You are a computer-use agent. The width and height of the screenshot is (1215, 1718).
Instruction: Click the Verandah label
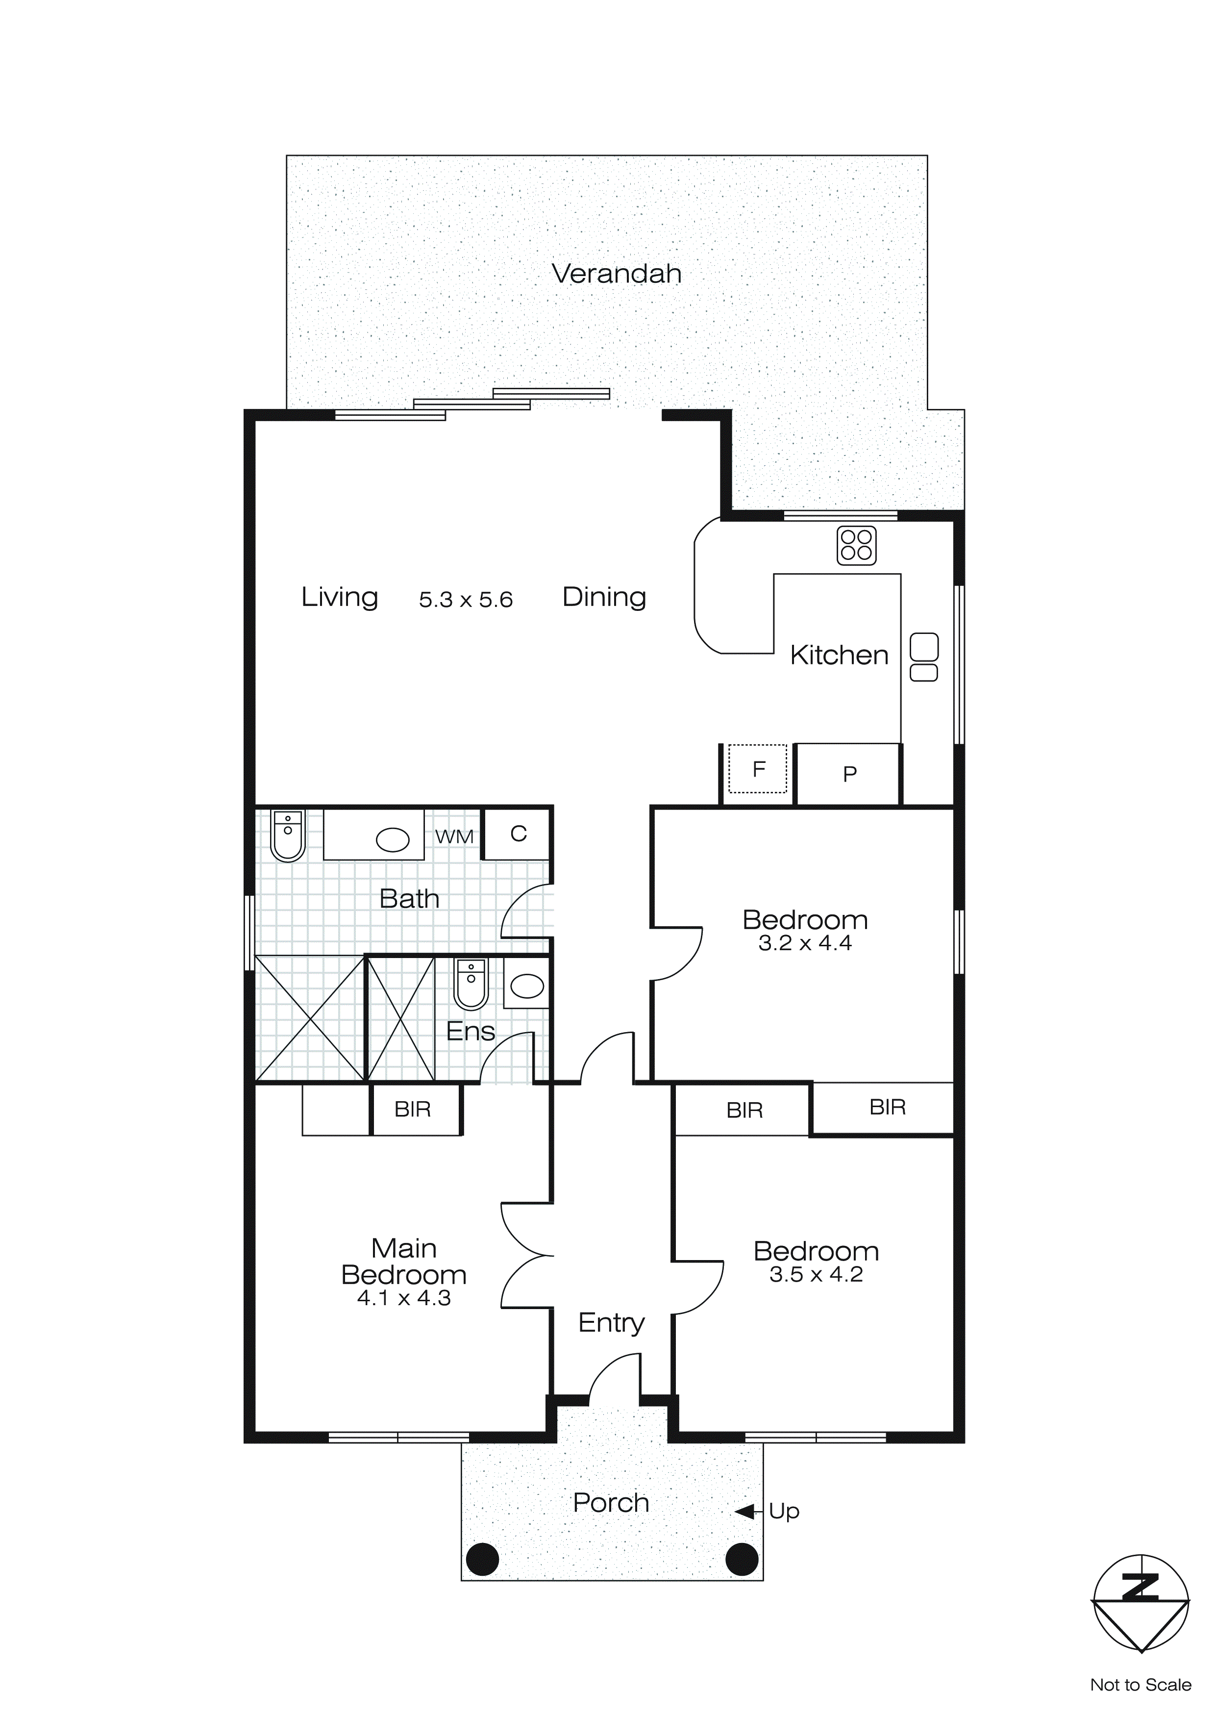tap(617, 274)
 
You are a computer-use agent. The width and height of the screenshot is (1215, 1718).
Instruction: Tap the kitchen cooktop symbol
tap(856, 546)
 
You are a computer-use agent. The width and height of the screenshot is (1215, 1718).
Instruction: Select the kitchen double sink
tap(924, 657)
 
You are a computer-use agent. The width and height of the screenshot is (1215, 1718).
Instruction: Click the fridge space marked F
tap(758, 768)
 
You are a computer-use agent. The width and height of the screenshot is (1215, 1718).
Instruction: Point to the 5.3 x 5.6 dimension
tap(465, 599)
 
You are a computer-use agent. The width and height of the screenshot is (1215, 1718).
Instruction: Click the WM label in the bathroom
tap(454, 836)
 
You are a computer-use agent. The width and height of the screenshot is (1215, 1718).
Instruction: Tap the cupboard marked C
tap(519, 834)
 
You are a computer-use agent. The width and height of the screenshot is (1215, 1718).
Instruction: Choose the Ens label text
tap(471, 1032)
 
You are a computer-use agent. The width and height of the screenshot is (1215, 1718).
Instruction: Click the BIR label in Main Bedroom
tap(412, 1110)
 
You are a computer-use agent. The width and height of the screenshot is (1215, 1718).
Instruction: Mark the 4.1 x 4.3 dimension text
tap(404, 1298)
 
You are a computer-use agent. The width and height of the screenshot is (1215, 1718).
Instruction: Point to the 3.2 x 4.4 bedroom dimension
tap(805, 943)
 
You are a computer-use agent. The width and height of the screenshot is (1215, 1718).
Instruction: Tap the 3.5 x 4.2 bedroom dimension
tap(816, 1274)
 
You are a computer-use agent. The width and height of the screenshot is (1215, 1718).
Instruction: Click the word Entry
tap(611, 1322)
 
